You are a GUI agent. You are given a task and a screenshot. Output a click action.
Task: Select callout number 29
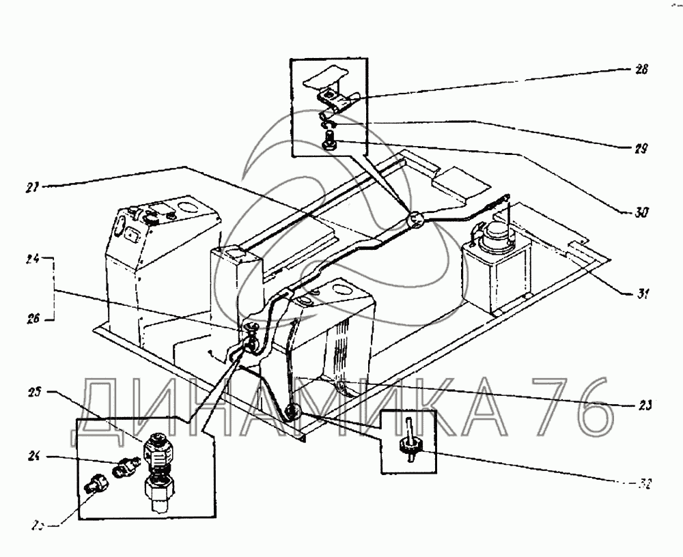point(640,147)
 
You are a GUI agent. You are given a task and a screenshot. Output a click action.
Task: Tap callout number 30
point(640,212)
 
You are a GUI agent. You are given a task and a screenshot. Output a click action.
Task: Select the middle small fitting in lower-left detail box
point(126,466)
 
